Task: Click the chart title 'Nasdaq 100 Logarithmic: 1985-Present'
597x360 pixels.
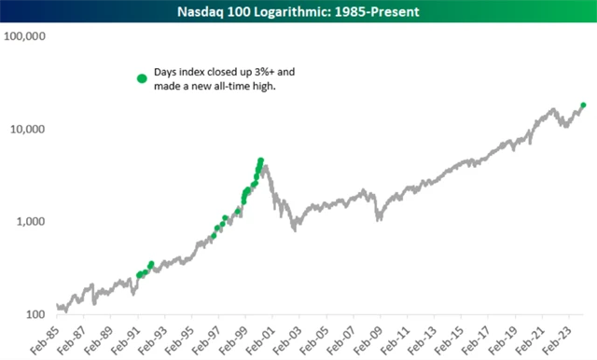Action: [x=298, y=10]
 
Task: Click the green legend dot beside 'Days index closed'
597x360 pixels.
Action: [x=142, y=78]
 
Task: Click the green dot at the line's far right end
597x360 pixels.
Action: [x=583, y=105]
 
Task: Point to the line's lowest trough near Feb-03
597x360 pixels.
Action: [x=295, y=228]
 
